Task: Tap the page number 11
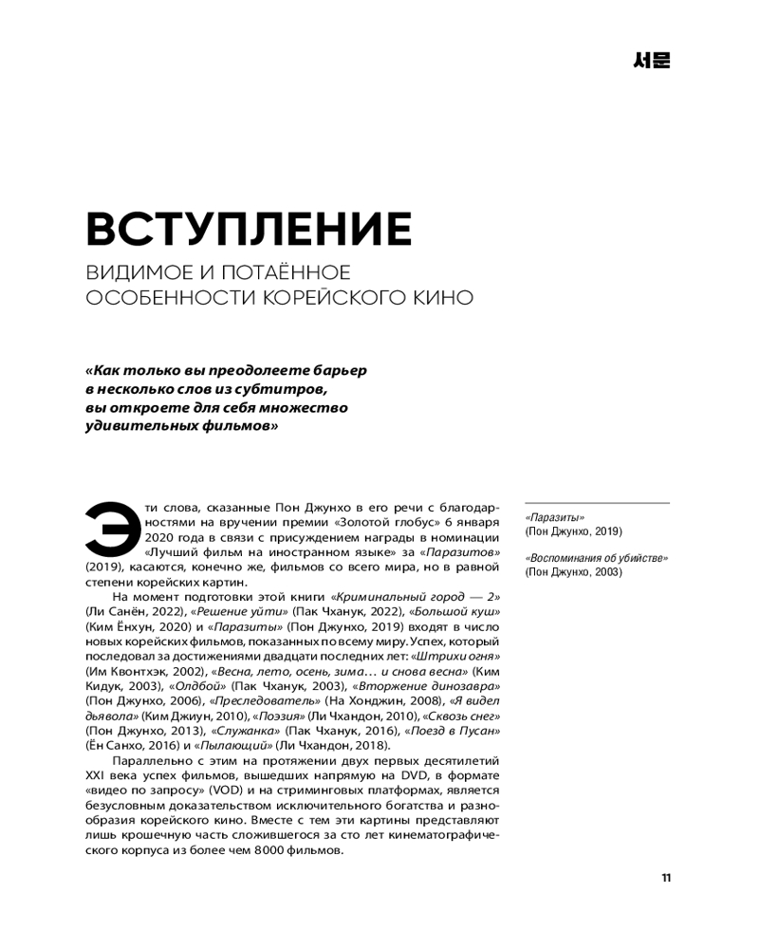click(x=666, y=878)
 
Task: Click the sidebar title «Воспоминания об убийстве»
click(x=596, y=558)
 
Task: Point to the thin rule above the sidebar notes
click(x=597, y=503)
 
